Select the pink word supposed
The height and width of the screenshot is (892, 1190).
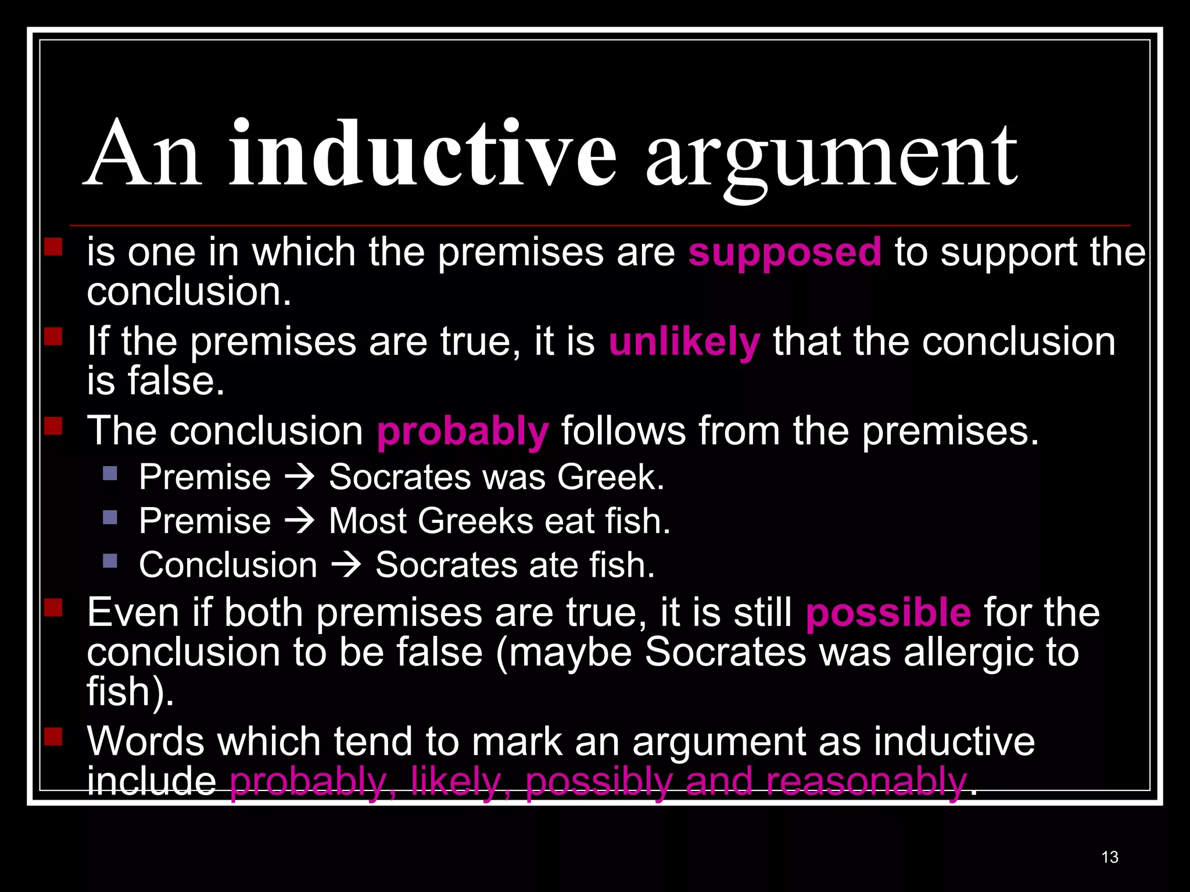pos(784,252)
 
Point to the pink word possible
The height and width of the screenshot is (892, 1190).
pos(888,613)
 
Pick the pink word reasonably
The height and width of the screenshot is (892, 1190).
pos(866,781)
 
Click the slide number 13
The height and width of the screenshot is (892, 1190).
pos(1109,857)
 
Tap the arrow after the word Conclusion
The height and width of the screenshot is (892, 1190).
pos(346,564)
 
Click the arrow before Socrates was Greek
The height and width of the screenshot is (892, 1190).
pos(300,477)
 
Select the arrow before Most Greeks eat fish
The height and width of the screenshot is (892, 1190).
pos(300,520)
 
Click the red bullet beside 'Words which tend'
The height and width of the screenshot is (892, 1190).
pos(53,737)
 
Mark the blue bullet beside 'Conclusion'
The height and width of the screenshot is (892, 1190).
pos(110,561)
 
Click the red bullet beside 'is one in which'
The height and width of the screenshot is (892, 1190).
pos(53,247)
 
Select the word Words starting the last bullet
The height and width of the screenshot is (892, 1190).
pos(145,742)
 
